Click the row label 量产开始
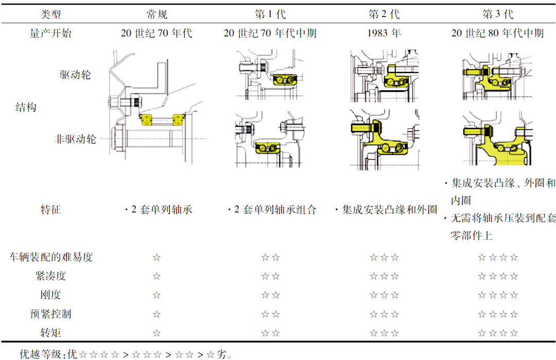click(50, 33)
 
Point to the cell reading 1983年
click(384, 33)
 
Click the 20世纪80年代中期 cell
click(497, 33)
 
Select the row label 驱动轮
click(75, 75)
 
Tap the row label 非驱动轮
click(75, 139)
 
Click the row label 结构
click(25, 108)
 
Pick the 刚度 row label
click(50, 295)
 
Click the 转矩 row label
click(50, 333)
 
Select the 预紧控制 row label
click(50, 314)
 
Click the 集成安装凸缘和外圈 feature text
click(386, 210)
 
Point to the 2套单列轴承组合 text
click(272, 210)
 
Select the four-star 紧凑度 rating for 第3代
click(497, 277)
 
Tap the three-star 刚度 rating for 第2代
click(384, 296)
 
